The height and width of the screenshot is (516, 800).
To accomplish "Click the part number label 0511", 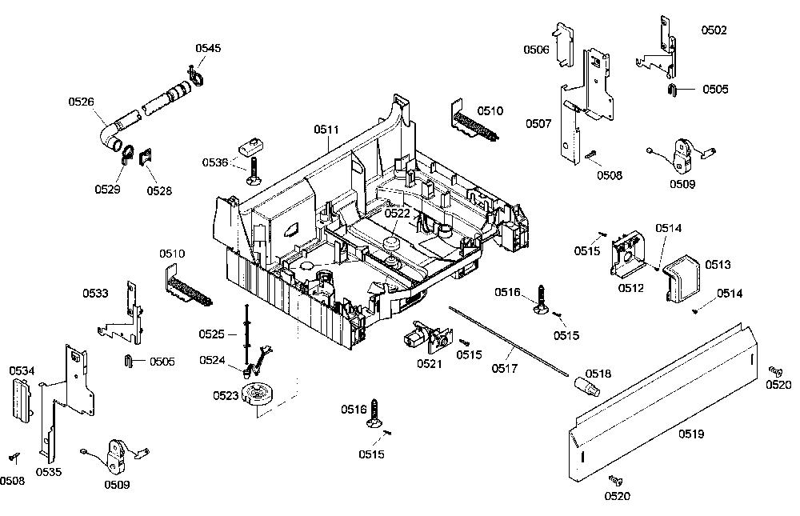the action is (326, 130).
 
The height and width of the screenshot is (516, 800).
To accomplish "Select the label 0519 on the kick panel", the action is (691, 434).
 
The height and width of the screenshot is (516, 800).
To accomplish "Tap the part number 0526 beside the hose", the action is (81, 102).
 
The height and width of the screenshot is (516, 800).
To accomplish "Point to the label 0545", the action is (208, 48).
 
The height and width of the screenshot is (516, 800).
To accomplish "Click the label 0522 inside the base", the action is (397, 214).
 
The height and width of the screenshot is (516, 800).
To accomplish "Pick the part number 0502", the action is (714, 30).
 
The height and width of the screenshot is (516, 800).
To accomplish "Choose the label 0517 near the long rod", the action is (505, 368).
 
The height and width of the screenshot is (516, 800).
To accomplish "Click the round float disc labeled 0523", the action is (258, 395).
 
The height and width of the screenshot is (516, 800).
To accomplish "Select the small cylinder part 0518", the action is (588, 386).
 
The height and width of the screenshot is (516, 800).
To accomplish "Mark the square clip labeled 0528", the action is (146, 157).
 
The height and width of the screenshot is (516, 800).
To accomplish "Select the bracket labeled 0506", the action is (565, 45).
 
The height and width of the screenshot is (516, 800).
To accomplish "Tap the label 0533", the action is (95, 294).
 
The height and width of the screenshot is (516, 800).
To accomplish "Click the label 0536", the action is (214, 163).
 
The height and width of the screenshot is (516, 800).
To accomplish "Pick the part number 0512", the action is (631, 288).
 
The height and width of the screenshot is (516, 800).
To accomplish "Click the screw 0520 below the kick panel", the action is (616, 480).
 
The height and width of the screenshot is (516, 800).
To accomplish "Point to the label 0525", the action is (212, 334).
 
